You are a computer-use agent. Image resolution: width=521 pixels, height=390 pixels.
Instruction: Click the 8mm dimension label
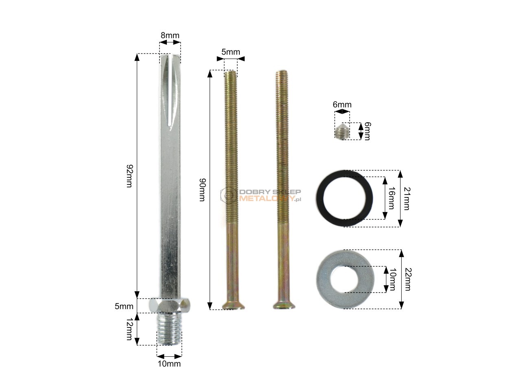coord(170,35)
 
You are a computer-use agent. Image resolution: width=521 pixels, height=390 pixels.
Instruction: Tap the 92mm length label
coord(129,176)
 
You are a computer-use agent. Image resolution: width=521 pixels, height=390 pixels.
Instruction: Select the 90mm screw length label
coord(202,190)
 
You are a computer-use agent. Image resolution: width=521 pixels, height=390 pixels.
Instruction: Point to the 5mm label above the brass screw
coord(230,52)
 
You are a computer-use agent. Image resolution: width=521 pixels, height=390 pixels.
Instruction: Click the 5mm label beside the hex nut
coord(124,306)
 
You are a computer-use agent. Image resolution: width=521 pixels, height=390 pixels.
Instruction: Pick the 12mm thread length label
coord(129,329)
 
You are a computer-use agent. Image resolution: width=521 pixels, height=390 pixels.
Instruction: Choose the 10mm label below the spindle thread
coord(169,364)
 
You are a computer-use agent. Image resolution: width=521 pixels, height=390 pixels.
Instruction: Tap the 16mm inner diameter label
coord(392,198)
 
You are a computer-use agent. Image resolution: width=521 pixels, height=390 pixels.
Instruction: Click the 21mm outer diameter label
coord(407,199)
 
